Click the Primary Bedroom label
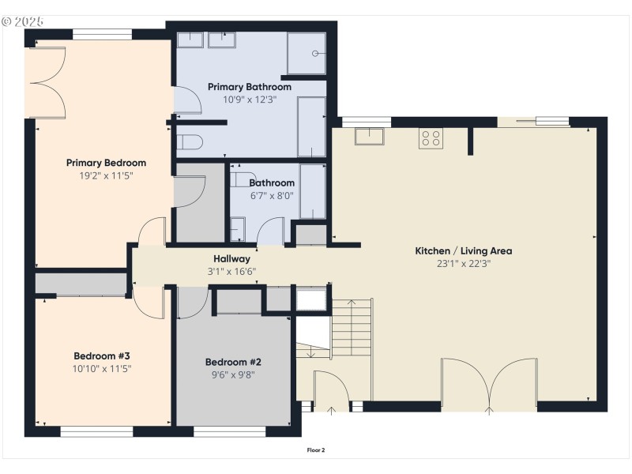point(106,163)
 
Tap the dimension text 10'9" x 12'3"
point(250,100)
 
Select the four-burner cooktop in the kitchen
point(431,137)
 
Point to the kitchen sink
point(369,136)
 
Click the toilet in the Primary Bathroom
point(190,142)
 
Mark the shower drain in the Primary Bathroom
point(315,54)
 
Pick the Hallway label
point(231,258)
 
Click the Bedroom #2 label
point(233,362)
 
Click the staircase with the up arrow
point(350,328)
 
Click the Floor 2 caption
point(316,450)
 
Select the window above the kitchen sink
point(365,121)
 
